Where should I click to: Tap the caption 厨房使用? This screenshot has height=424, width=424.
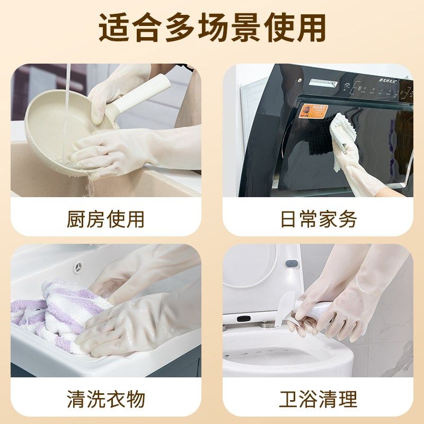105,219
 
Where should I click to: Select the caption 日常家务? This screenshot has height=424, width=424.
318,219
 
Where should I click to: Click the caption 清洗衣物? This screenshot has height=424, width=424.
105,399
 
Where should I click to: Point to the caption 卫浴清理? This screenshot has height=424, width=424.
318,399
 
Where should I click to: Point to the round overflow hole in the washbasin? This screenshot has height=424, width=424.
79,265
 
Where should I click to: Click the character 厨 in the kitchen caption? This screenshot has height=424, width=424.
76,219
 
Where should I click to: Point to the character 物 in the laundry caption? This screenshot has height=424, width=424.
136,399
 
